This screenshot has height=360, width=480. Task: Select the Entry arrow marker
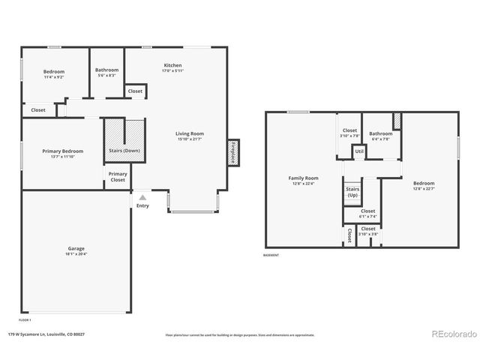point(142,197)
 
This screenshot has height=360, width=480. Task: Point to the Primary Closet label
point(118,177)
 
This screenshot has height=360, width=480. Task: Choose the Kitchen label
point(172,65)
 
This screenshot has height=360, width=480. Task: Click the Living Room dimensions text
point(190,139)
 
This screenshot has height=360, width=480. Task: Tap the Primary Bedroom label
point(62,151)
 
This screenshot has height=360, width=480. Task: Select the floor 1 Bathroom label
point(106,70)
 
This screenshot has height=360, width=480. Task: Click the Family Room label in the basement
point(304,178)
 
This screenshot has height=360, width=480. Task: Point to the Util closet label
point(359,151)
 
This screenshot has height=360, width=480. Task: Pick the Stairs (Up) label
point(352,191)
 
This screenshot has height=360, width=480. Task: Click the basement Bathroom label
point(381,133)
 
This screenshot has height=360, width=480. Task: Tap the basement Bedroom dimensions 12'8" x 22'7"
point(424,188)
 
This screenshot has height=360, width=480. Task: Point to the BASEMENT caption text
point(271,255)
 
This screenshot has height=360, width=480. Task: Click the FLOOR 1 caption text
point(25,319)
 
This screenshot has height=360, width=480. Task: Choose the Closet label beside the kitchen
point(135,91)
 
